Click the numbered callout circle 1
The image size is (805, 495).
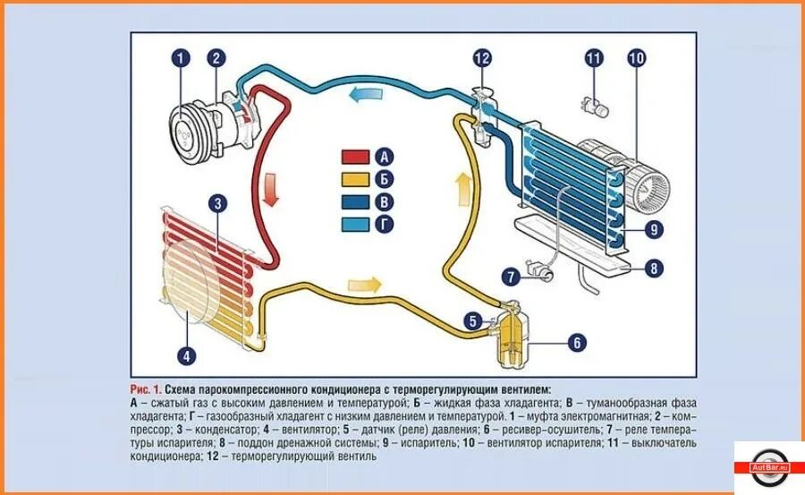point(182,60)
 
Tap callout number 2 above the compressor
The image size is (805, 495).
point(216,60)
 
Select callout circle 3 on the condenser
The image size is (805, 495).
point(216,203)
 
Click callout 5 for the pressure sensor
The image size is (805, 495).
point(471,320)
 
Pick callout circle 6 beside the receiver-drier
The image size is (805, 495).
point(577,342)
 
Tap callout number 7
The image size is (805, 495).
point(511,276)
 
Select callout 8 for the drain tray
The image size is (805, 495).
point(655,267)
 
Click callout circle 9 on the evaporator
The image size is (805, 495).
point(655,230)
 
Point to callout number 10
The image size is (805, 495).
point(636,60)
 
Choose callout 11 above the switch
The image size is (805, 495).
point(595,60)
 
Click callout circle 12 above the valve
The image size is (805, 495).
point(483,60)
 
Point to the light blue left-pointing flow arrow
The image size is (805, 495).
point(365,93)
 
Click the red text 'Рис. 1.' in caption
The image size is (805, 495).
point(146,390)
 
